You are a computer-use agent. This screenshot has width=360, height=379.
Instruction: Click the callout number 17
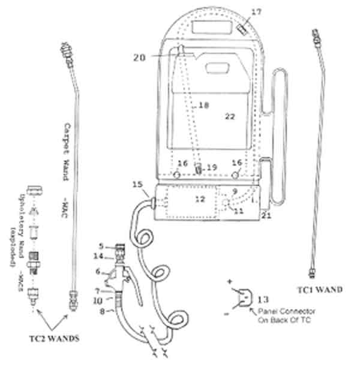click(x=239, y=11)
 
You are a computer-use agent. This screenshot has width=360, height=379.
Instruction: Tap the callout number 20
click(x=139, y=58)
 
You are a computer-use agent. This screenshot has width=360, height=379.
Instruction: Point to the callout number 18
click(x=203, y=105)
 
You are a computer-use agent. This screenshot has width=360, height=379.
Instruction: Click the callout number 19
click(x=211, y=166)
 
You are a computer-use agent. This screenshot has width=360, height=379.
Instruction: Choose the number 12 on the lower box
click(x=200, y=198)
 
